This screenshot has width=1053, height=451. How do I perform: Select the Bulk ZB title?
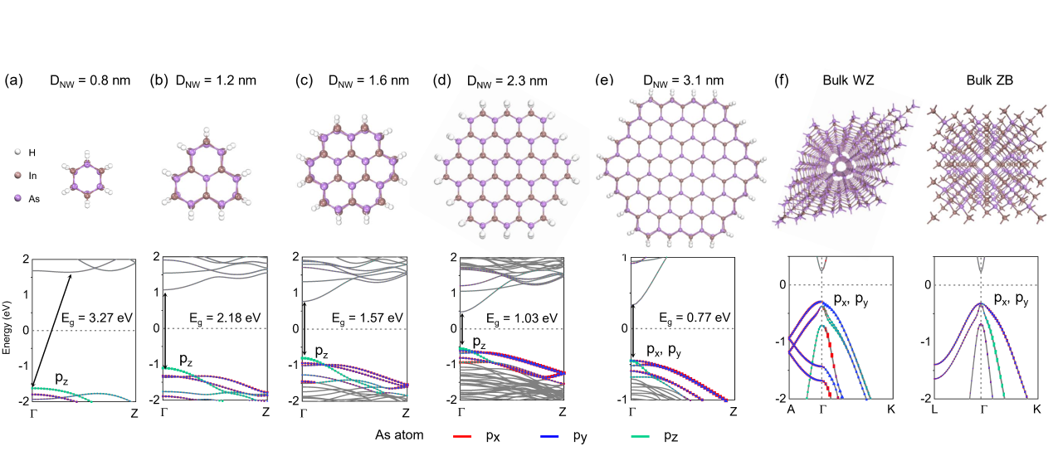coord(987,80)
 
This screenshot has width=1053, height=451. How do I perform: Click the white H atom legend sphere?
coord(17,153)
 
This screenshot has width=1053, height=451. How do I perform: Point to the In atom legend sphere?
coord(17,176)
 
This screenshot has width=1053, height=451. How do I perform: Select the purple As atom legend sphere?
coord(17,198)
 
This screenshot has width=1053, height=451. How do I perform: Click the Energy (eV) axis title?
coord(7,331)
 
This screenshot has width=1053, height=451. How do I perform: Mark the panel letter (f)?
coord(781,81)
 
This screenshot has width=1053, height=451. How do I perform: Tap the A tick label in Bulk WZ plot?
coord(791,410)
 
